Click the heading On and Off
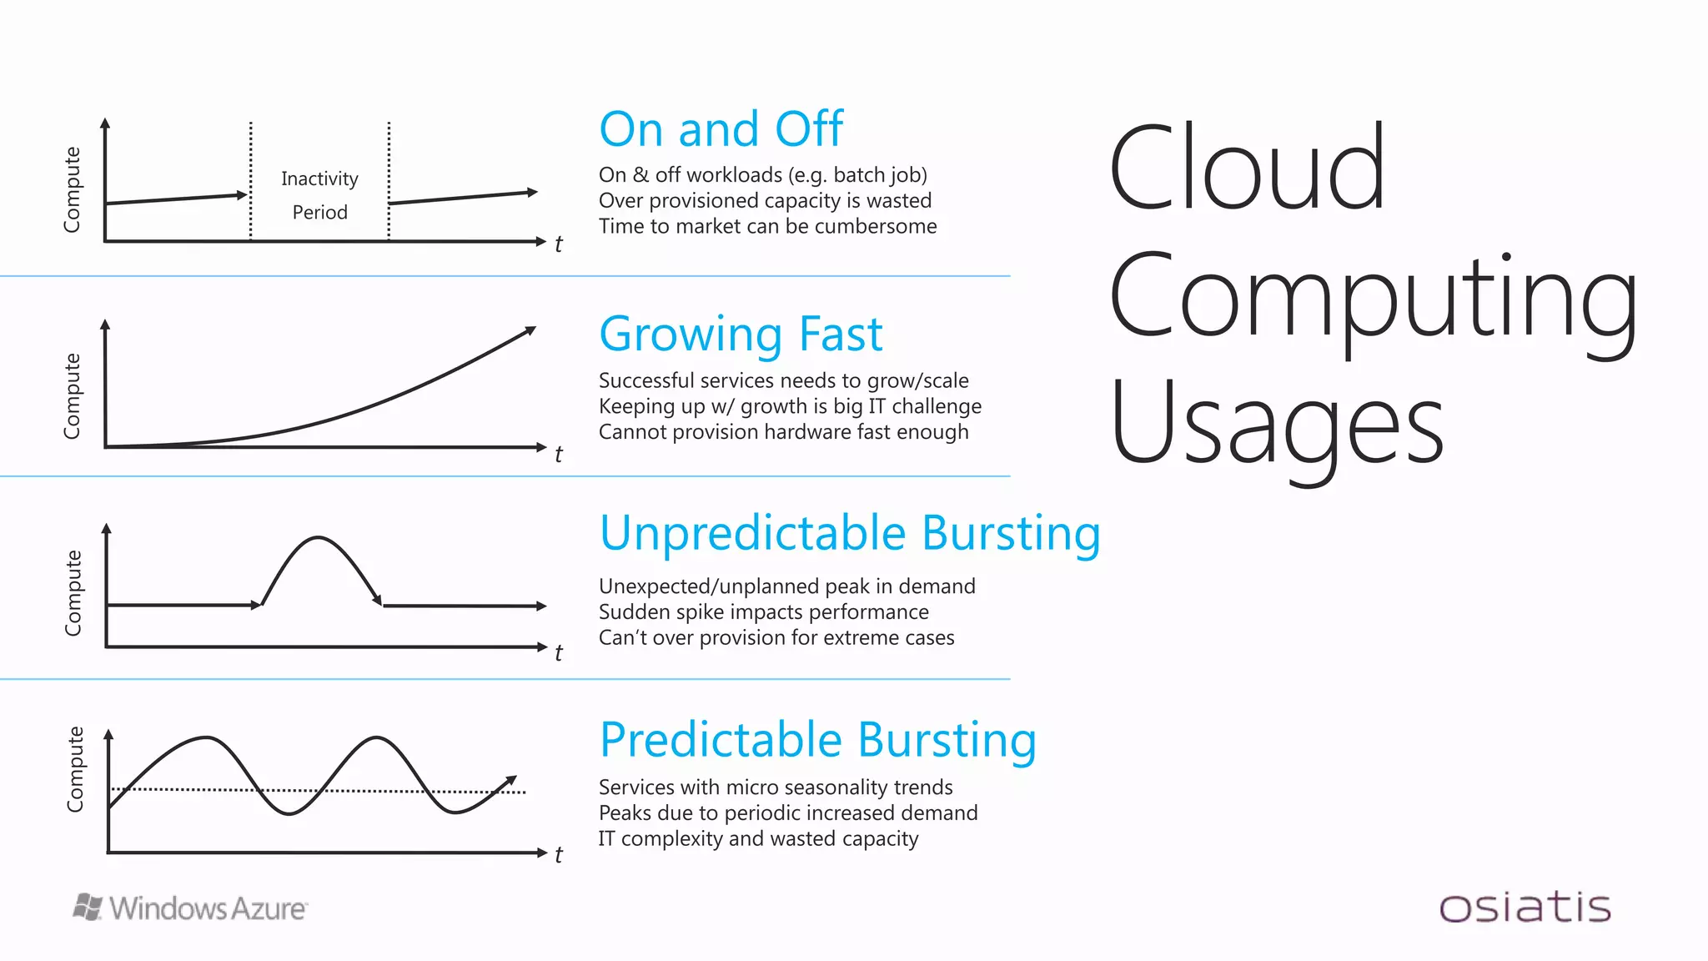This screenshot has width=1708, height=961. click(721, 129)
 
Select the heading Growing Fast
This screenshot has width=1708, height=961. click(741, 335)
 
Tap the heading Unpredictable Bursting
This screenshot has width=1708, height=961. click(849, 533)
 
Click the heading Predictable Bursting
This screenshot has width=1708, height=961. click(817, 740)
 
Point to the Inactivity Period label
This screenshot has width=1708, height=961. click(319, 195)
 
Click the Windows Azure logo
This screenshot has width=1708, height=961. click(190, 908)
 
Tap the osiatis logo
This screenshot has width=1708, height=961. click(1525, 908)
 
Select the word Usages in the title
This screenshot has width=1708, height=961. click(1276, 424)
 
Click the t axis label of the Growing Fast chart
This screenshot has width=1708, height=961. click(559, 455)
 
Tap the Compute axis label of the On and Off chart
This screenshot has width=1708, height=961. click(73, 189)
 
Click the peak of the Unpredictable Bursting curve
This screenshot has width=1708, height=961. click(318, 538)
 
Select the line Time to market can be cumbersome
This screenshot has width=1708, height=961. click(767, 227)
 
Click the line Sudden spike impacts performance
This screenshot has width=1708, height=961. click(763, 612)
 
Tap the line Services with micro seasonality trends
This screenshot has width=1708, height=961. click(775, 787)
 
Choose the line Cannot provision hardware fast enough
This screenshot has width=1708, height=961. click(783, 432)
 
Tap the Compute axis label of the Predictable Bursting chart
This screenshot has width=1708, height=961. click(75, 768)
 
